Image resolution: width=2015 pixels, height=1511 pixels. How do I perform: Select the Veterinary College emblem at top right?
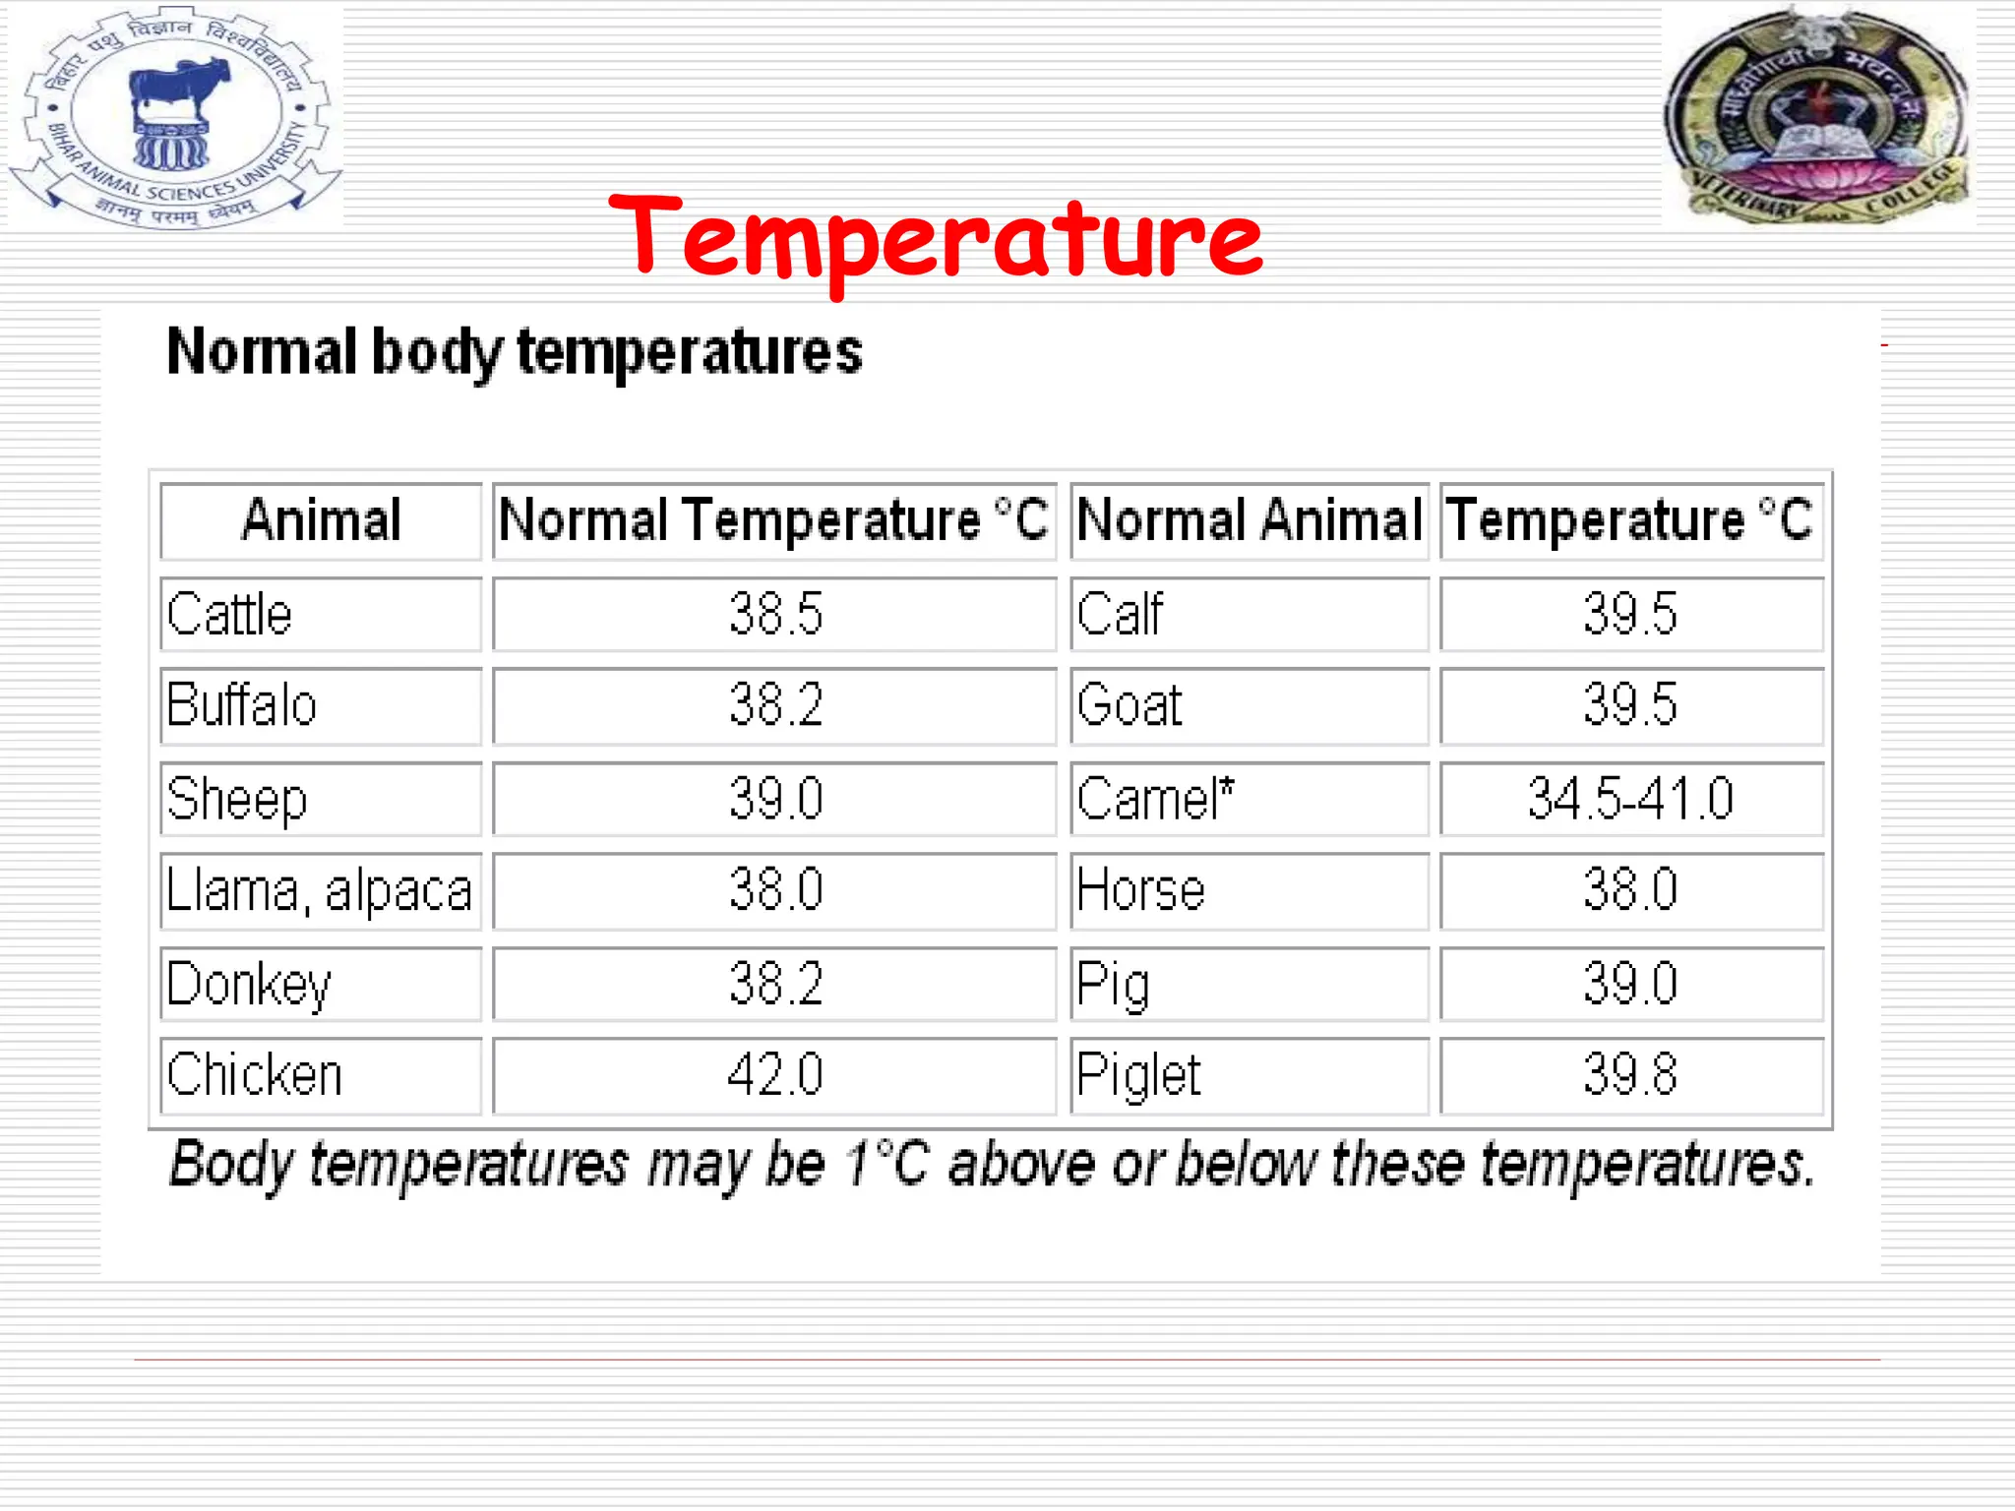coord(1818,116)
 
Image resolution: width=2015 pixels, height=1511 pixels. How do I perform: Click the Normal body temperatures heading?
coord(514,352)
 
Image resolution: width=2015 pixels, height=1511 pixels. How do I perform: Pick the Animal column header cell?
coord(321,520)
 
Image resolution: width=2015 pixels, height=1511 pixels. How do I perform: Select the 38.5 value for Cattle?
coord(775,615)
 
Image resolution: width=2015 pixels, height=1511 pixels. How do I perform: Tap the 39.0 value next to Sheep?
coord(775,798)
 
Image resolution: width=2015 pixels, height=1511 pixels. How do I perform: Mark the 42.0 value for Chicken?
coord(775,1074)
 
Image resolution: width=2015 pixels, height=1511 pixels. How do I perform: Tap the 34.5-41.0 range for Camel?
coord(1630,798)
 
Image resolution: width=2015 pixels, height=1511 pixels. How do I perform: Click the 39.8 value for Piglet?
coord(1630,1074)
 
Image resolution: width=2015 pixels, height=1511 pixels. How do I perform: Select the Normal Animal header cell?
coord(1249,520)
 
